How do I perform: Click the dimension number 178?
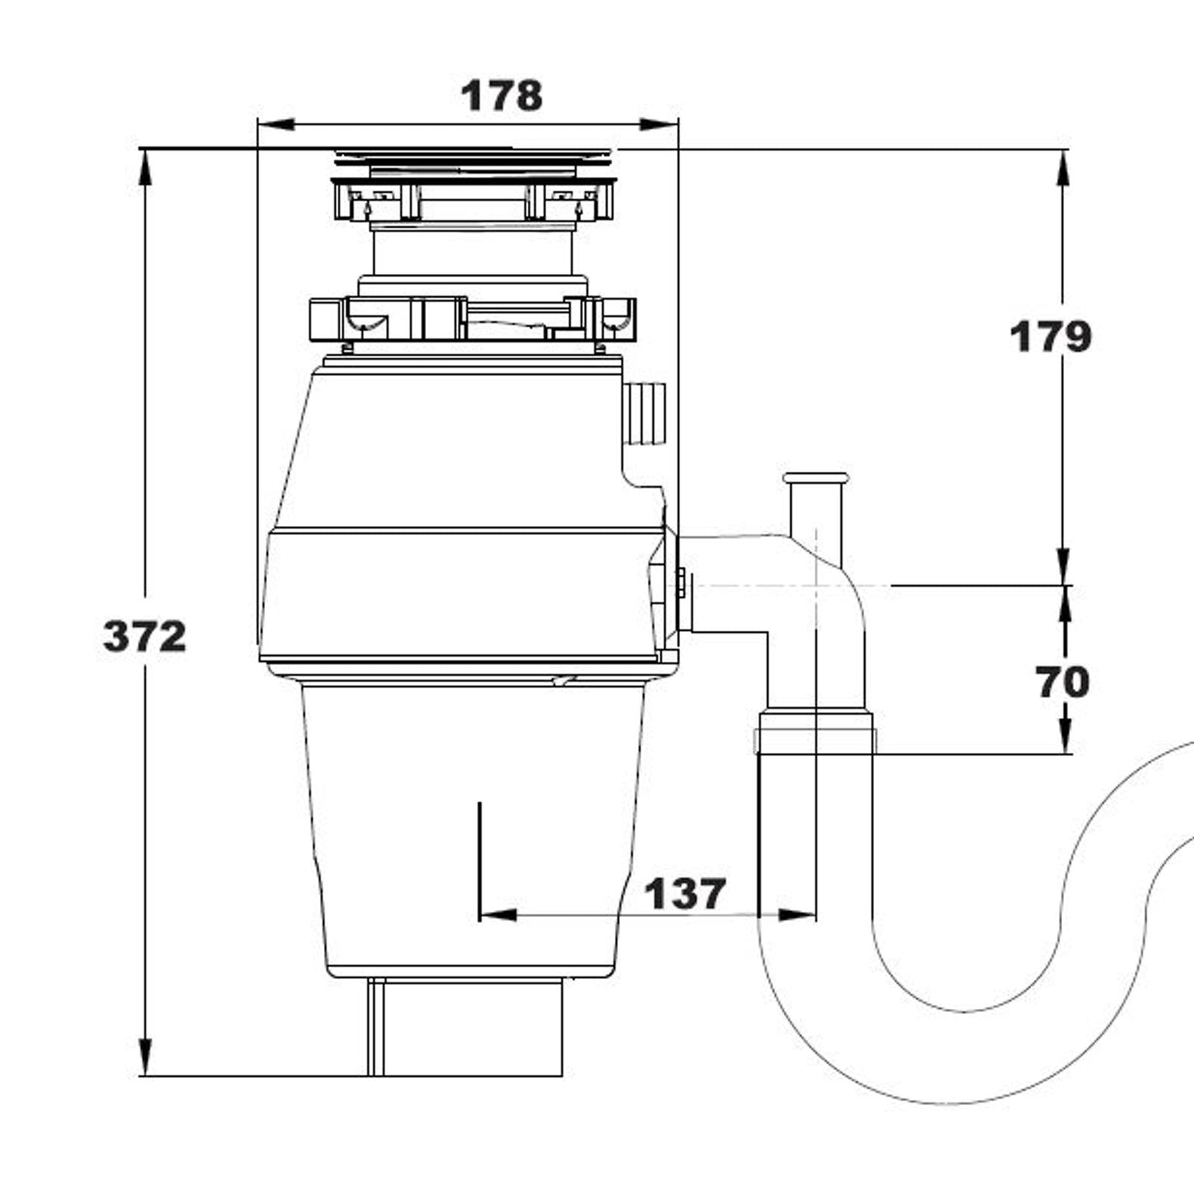(x=501, y=96)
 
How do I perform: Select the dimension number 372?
(x=145, y=637)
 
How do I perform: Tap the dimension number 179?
(x=1050, y=337)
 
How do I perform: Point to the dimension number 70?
(x=1062, y=681)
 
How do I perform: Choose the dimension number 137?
(x=684, y=893)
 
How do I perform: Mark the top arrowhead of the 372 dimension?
(x=146, y=167)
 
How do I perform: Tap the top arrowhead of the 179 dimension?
(x=1063, y=169)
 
